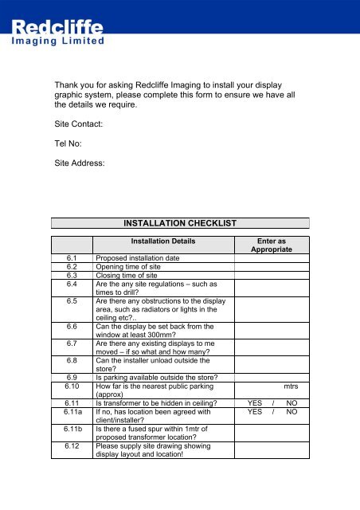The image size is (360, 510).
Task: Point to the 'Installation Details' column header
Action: pyautogui.click(x=163, y=241)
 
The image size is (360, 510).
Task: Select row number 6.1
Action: pyautogui.click(x=72, y=259)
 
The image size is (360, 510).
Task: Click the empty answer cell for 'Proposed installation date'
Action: pyautogui.click(x=272, y=259)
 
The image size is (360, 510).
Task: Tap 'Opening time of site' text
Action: pyautogui.click(x=133, y=268)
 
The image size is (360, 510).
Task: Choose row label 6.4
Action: pyautogui.click(x=72, y=284)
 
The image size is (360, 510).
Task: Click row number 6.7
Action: pyautogui.click(x=72, y=343)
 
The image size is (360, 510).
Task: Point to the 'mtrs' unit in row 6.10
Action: pyautogui.click(x=291, y=386)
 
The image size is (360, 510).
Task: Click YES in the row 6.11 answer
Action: pyautogui.click(x=255, y=403)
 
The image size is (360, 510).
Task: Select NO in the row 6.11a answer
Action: pyautogui.click(x=292, y=412)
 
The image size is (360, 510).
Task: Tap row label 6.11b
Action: pyautogui.click(x=72, y=429)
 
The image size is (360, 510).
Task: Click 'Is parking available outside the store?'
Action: pyautogui.click(x=162, y=377)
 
